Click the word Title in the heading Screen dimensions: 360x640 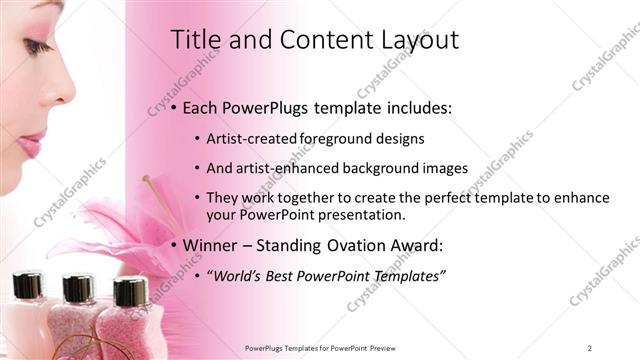point(194,40)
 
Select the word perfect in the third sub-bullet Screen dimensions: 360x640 point(455,198)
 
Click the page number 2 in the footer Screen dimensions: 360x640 point(590,348)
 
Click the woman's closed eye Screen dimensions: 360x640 point(37,47)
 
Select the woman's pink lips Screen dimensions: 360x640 point(31,143)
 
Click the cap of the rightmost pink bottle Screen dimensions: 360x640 point(130,291)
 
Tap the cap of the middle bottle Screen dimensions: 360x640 point(78,288)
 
